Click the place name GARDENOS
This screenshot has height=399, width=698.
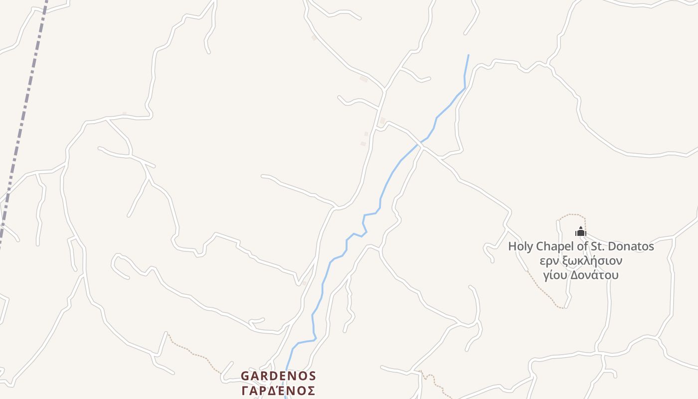[278, 376]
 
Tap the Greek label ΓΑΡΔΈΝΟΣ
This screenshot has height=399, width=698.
[278, 390]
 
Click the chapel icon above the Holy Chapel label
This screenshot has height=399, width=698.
[580, 231]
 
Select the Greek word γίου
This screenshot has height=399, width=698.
[555, 275]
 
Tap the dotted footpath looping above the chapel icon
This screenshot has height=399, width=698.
[573, 215]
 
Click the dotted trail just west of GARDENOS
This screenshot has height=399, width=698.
[194, 354]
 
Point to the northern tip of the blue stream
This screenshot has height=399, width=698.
[468, 55]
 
